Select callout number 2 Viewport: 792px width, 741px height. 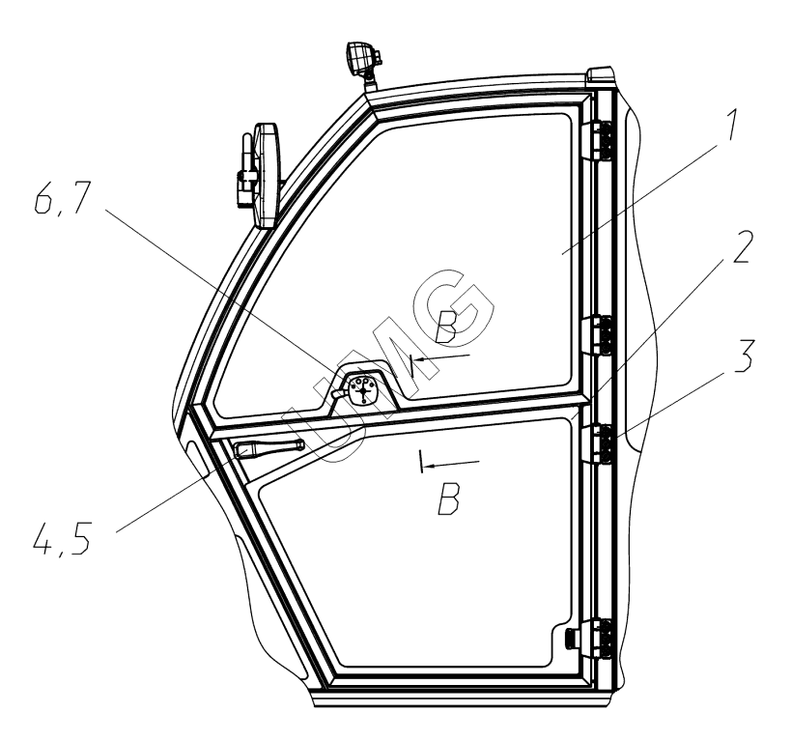coord(742,246)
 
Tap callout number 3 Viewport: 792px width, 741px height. coord(743,356)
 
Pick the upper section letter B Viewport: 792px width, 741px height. coord(447,328)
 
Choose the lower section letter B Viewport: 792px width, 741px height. coord(449,499)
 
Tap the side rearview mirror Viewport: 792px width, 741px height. coord(268,175)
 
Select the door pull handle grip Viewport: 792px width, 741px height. coord(268,448)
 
